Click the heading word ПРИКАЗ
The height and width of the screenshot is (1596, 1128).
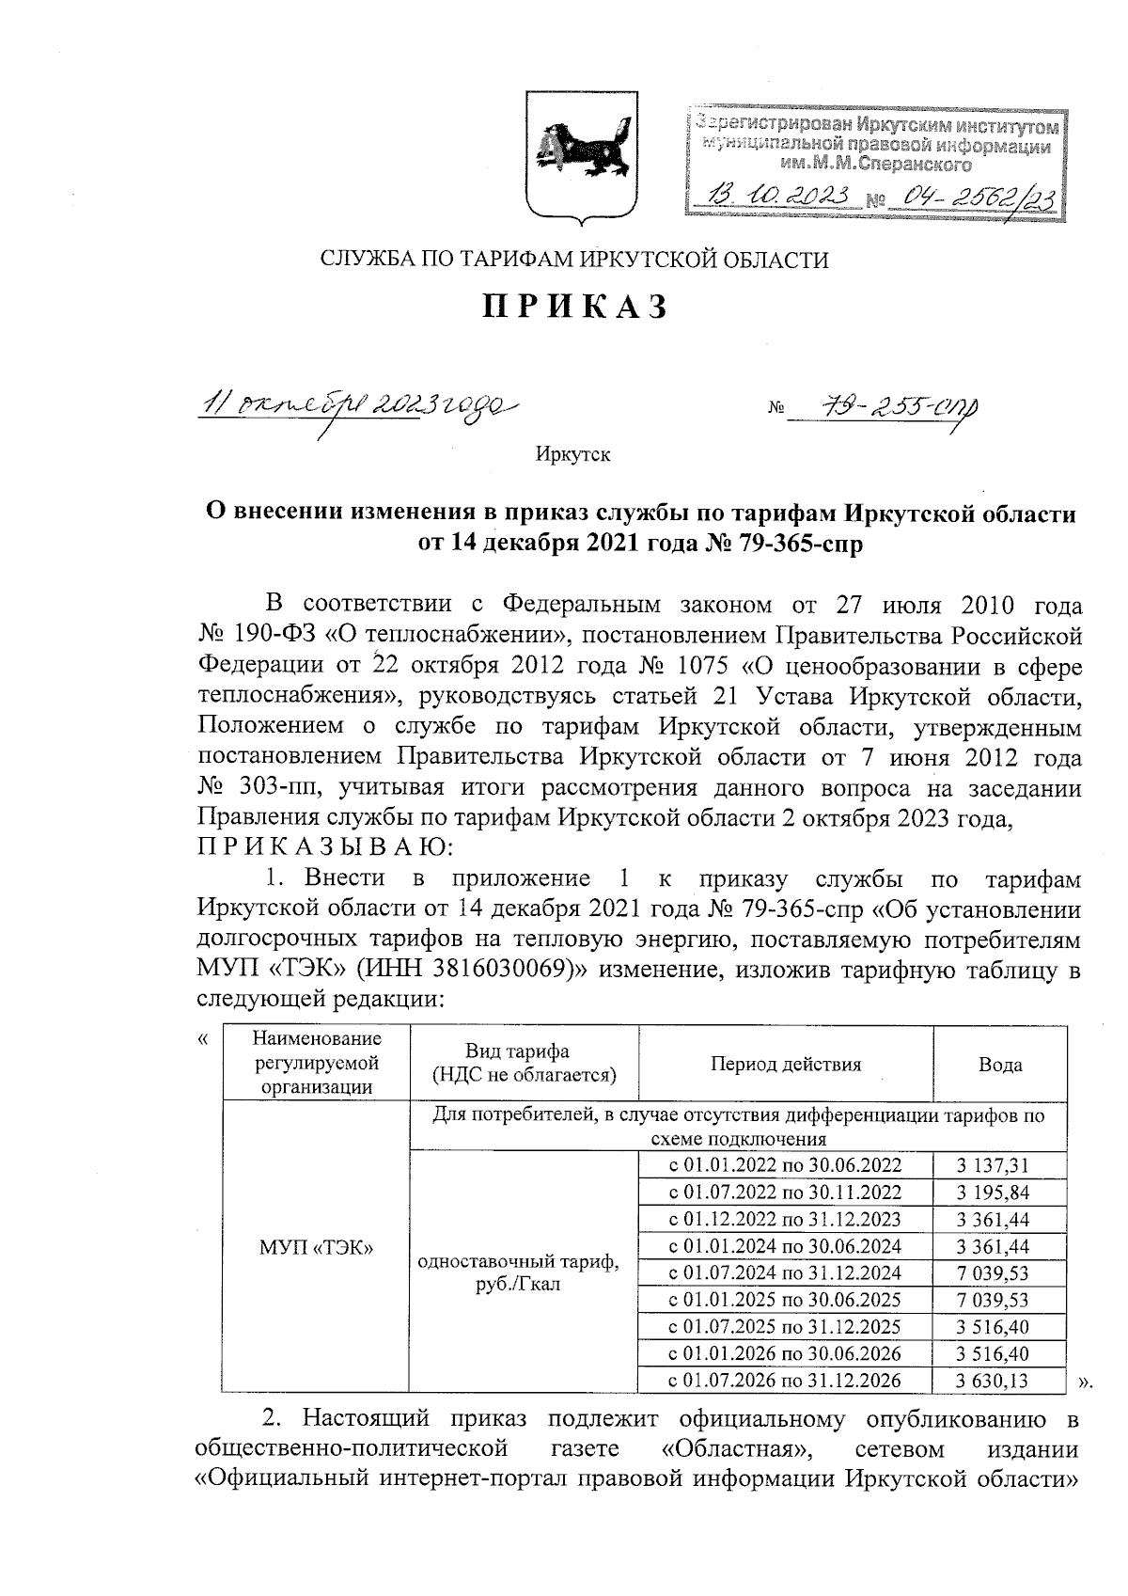[x=574, y=308]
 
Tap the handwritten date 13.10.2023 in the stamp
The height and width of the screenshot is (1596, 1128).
[x=780, y=197]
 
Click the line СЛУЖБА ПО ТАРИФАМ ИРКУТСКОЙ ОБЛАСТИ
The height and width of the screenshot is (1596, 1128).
[x=574, y=260]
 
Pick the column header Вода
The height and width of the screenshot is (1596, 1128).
[x=1000, y=1065]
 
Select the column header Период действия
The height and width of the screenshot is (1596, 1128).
[x=785, y=1065]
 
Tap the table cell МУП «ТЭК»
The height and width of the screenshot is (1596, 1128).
[x=316, y=1247]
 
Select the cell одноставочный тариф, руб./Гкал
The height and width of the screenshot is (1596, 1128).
[x=518, y=1273]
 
